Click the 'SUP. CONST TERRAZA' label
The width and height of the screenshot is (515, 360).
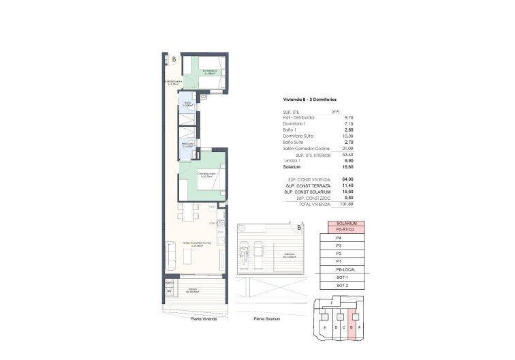(x=305, y=185)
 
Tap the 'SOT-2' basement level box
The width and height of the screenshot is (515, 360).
(x=343, y=286)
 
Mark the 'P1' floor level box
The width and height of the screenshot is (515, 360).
(x=339, y=262)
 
